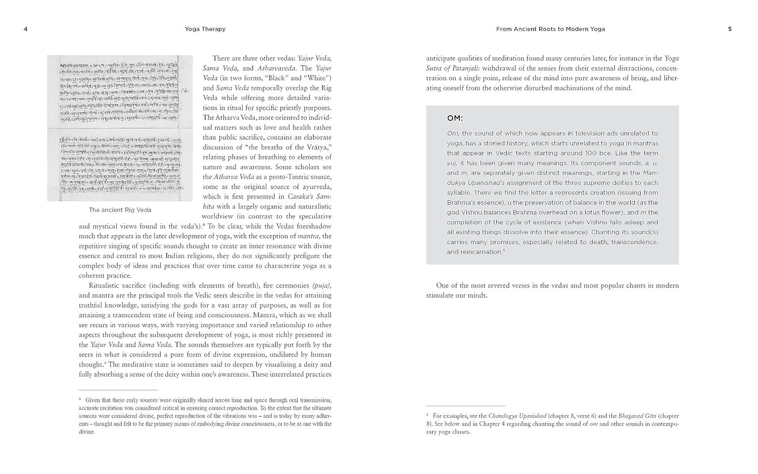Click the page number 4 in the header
tap(25, 29)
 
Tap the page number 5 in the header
tap(730, 29)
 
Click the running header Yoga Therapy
tap(205, 29)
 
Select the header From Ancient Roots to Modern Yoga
tap(550, 29)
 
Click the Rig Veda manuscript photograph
tap(120, 128)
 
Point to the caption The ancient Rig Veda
tap(120, 210)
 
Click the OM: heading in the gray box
tap(455, 119)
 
